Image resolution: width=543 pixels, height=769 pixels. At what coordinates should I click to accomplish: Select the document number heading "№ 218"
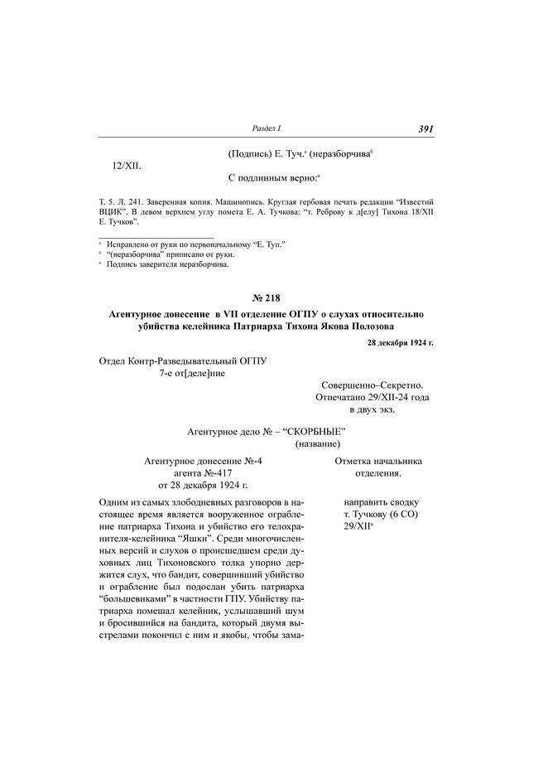(x=271, y=297)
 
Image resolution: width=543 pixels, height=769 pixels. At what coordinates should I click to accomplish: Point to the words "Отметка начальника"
(x=378, y=460)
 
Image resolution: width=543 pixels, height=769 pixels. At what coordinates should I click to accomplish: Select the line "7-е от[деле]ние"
(x=192, y=373)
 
